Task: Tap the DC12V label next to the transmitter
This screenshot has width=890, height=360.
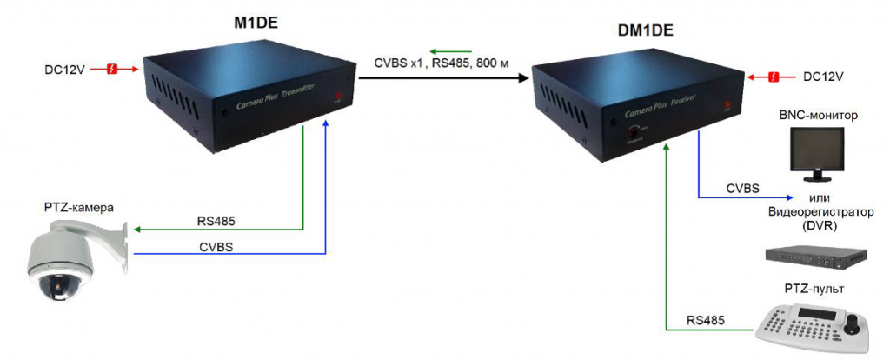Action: coord(64,68)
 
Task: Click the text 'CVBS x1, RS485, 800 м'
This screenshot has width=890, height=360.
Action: coord(442,63)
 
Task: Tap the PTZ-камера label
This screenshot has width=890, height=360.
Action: coord(80,207)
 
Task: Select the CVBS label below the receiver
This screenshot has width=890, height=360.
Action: coord(743,188)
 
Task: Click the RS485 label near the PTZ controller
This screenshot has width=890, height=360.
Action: coord(705,320)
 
